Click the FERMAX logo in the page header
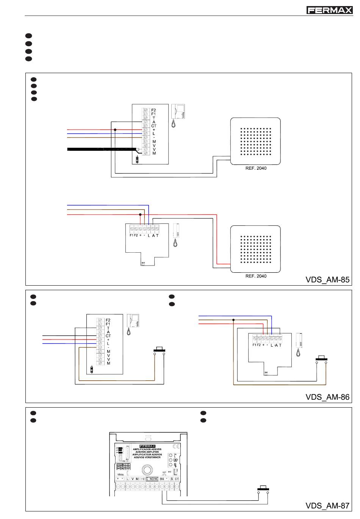coord(329,10)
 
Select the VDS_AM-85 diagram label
coord(327,280)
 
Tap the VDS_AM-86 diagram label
coord(327,397)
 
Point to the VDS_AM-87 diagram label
coord(327,506)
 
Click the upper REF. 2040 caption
coord(256,168)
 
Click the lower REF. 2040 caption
coord(256,276)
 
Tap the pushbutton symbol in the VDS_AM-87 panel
coord(263,489)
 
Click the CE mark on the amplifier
coord(176,446)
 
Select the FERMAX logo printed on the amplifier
coord(147,446)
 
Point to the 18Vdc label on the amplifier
coord(120,474)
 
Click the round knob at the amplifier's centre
coord(146,470)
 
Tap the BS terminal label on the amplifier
coord(162,479)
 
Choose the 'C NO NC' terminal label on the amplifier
coord(152,479)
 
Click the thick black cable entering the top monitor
coord(102,149)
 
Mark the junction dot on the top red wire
coord(115,130)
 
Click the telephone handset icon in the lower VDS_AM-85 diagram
coord(175,235)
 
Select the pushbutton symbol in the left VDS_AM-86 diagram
coord(159,350)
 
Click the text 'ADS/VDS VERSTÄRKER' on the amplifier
coord(147,457)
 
